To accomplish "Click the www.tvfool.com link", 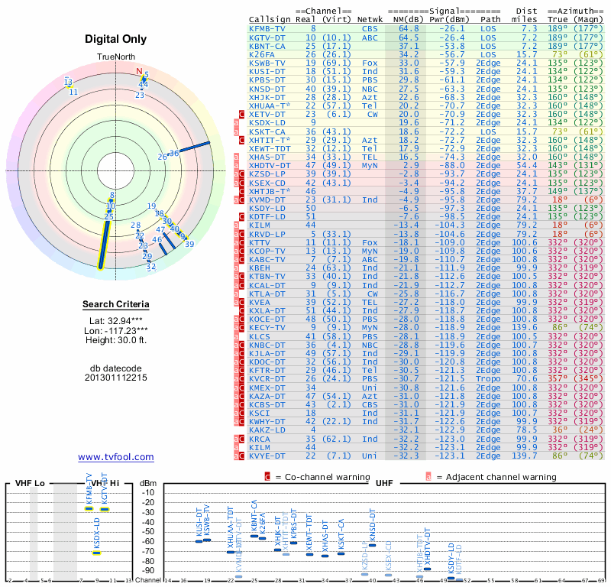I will coord(116,457).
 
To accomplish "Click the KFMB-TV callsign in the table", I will coord(267,28).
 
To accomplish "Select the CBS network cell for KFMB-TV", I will coord(369,28).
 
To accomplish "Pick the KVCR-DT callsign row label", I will coord(267,378).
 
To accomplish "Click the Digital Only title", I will coord(116,39).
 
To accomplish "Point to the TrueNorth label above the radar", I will coord(115,57).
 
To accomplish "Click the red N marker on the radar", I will coord(139,73).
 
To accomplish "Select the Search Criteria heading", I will coord(116,305).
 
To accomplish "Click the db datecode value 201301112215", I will coord(116,378).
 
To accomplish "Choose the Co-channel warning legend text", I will coord(322,477).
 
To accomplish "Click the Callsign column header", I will coord(270,19).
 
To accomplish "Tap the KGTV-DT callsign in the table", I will coord(267,37).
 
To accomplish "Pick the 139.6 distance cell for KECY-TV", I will coord(525,327).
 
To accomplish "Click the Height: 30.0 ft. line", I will coord(116,341).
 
